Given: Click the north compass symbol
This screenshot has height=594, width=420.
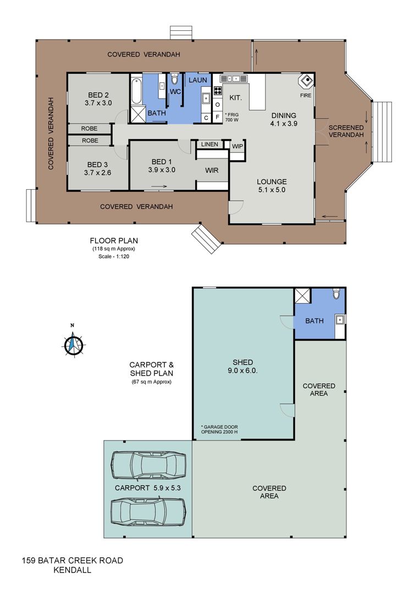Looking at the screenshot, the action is click(x=73, y=344).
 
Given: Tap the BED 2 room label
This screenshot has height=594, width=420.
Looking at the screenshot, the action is click(x=98, y=95).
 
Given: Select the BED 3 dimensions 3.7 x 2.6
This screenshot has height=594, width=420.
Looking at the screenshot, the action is click(x=98, y=173).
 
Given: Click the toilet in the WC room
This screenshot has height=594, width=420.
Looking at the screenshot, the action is click(x=174, y=79).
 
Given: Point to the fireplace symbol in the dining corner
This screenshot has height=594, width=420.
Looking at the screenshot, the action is click(x=306, y=81).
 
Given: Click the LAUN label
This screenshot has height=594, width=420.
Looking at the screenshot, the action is click(x=198, y=80).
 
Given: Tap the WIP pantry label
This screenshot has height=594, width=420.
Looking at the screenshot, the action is click(x=237, y=146).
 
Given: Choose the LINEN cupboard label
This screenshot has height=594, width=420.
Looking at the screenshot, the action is click(x=209, y=144).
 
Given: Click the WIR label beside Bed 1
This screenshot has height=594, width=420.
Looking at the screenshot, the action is click(x=212, y=170).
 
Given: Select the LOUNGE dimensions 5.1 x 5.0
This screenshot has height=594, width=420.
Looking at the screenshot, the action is click(x=272, y=190).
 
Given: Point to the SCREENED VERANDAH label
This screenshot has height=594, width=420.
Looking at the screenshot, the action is click(x=346, y=131).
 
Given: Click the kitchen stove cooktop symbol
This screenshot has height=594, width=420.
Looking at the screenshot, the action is click(x=218, y=91).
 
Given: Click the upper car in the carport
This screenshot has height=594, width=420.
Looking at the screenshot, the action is click(x=148, y=466).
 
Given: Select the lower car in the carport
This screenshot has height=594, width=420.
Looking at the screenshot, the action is click(x=148, y=513).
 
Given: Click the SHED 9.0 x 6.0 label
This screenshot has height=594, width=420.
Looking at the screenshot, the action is click(x=243, y=366).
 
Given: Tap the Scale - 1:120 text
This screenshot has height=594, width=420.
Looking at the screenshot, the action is click(x=114, y=256).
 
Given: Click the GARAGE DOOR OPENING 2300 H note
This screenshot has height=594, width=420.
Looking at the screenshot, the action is click(x=220, y=429).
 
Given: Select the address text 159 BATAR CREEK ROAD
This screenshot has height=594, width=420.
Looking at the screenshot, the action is click(x=73, y=560).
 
